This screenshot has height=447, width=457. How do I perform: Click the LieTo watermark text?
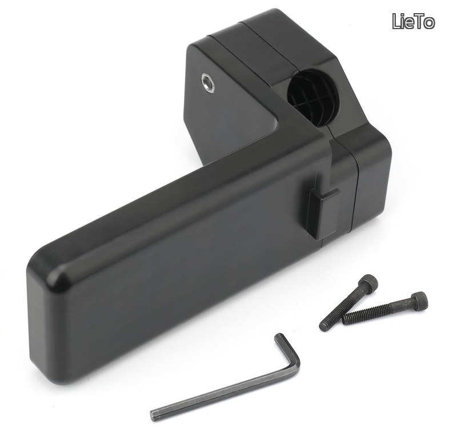tap(413, 21)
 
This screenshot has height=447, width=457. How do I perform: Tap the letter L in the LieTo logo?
tap(397, 21)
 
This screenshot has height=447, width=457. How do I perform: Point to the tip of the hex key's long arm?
tap(153, 413)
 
